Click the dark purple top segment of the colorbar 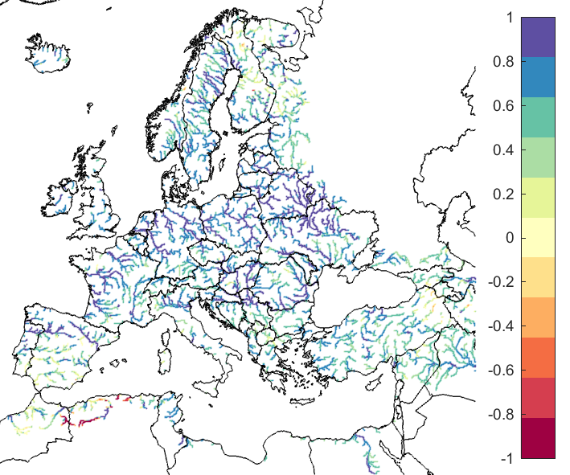tap(538, 37)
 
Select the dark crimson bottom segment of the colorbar tap(538, 438)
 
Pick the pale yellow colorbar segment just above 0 tap(538, 227)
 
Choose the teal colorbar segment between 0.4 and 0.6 tap(538, 117)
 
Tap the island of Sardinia tap(166, 353)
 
